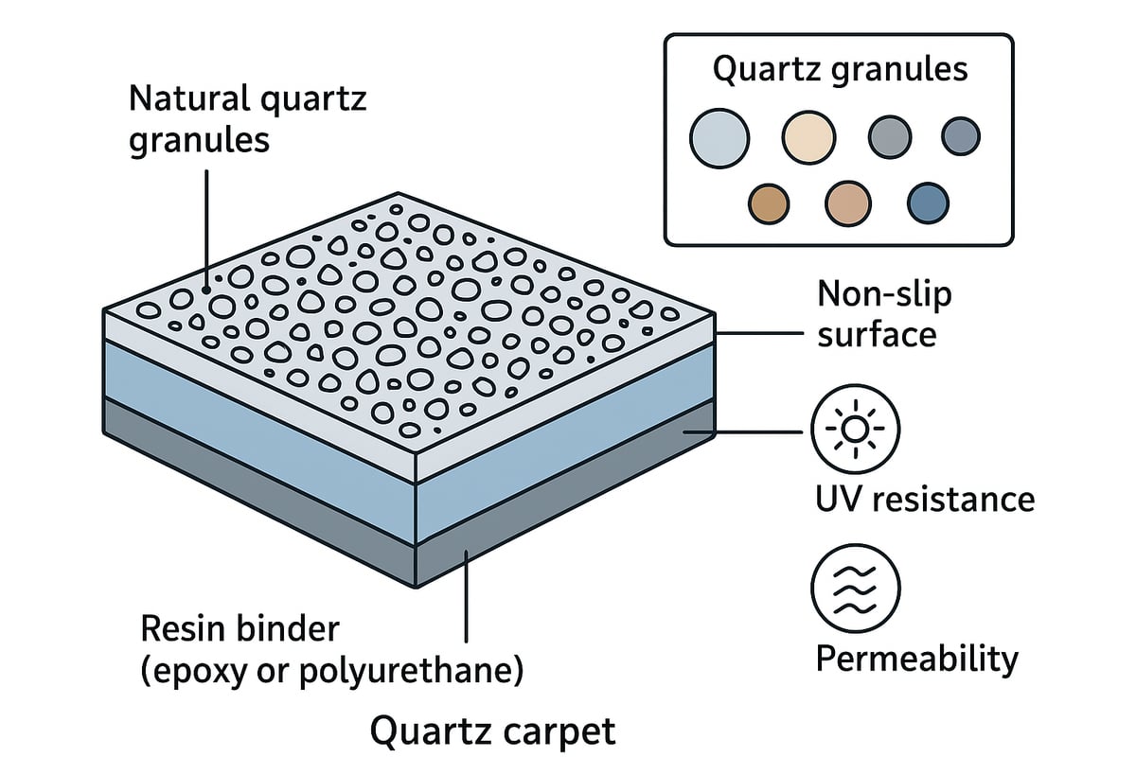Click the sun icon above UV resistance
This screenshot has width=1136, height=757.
(856, 430)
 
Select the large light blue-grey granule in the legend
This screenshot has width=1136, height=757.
(719, 138)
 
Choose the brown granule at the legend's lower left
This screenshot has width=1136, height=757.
(769, 203)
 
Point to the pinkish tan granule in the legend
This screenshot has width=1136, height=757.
(847, 203)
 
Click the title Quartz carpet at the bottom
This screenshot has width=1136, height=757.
(492, 731)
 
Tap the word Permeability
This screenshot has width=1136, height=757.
(916, 658)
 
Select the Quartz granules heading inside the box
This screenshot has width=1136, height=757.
(839, 70)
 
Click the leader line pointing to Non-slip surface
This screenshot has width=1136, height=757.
(757, 334)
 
